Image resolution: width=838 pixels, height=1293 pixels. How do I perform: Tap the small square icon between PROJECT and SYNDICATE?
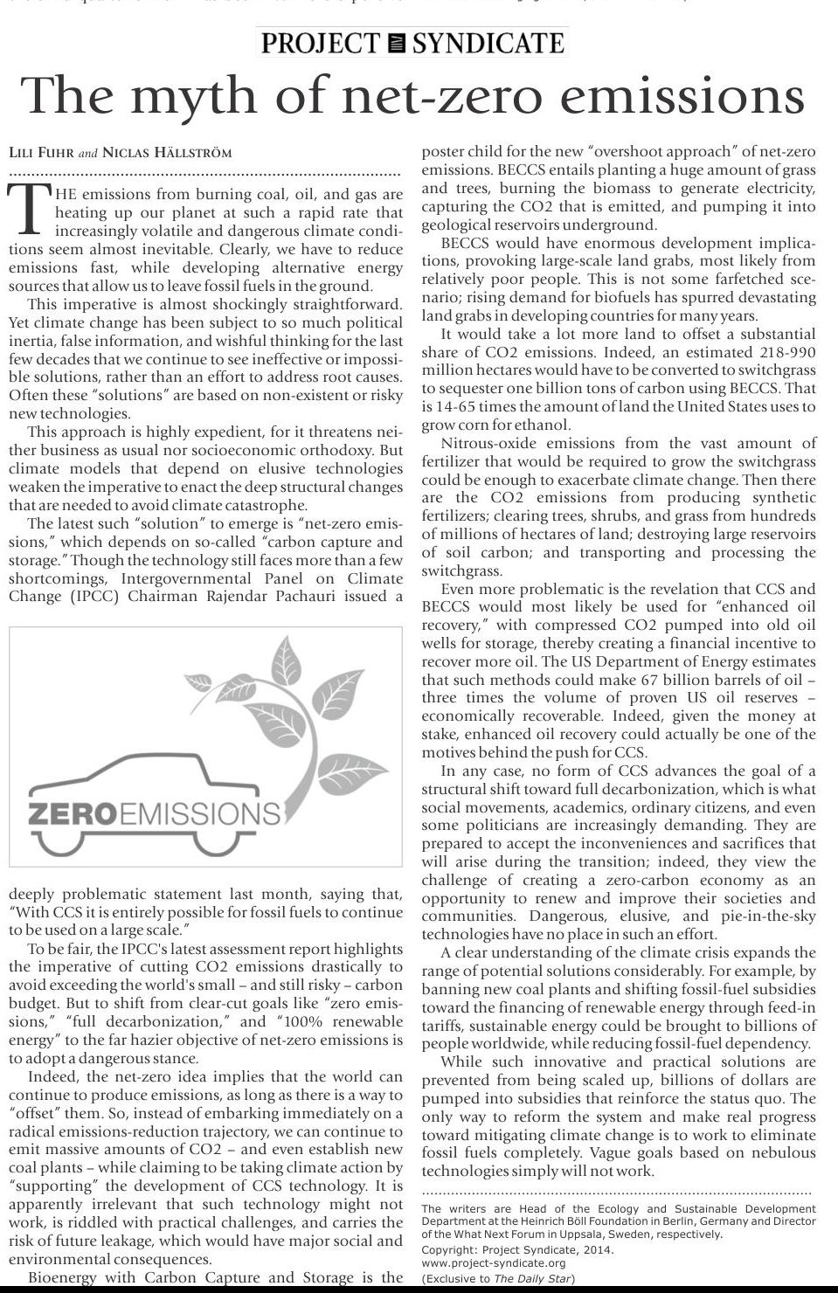point(396,43)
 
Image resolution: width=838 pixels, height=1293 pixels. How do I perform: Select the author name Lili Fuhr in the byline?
point(41,152)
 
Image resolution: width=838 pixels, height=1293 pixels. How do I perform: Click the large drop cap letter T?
point(29,210)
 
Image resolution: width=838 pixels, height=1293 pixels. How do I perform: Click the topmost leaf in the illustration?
point(286,662)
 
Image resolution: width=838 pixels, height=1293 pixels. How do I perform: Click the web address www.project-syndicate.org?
point(493,1263)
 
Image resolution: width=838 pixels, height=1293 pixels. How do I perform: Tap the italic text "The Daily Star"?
point(532,1278)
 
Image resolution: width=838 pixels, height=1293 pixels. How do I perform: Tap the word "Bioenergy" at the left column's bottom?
point(63,1277)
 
